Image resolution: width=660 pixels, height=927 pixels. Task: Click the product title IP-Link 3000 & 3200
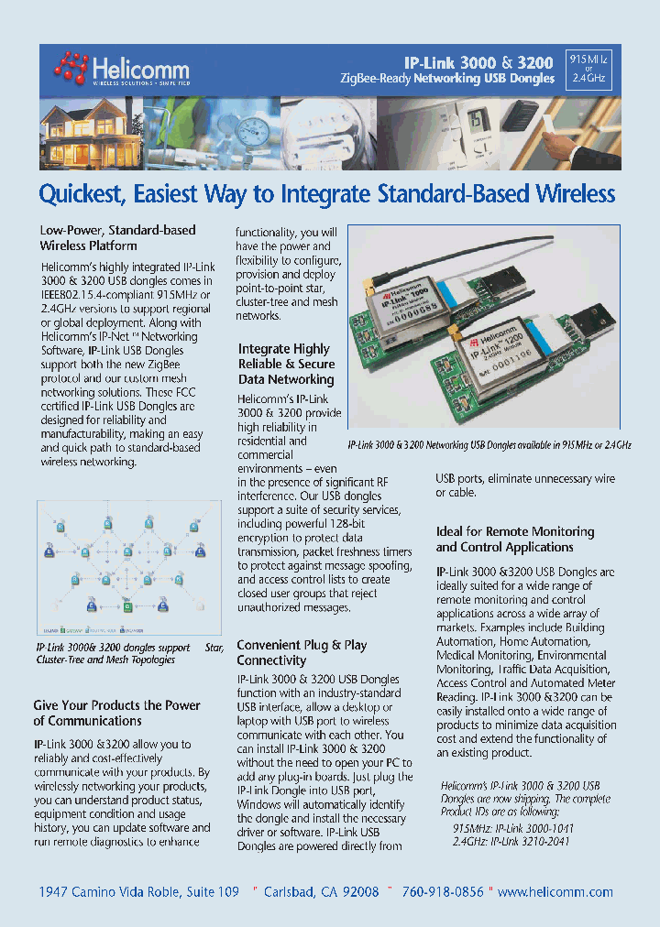coord(479,63)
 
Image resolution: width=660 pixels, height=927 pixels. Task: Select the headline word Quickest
coord(82,194)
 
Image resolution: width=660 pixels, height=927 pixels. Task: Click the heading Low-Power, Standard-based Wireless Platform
coord(117,238)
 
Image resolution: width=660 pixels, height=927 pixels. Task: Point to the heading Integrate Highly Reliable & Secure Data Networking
coord(286,364)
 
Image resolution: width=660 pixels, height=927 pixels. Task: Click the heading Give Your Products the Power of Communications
coord(116,713)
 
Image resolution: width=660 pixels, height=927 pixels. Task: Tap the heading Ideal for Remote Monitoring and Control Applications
coord(514,540)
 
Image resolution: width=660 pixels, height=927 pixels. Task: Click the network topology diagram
coord(129,567)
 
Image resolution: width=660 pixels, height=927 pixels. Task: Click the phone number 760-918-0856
coord(444,891)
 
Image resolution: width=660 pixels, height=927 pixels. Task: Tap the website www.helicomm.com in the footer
coord(555,891)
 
